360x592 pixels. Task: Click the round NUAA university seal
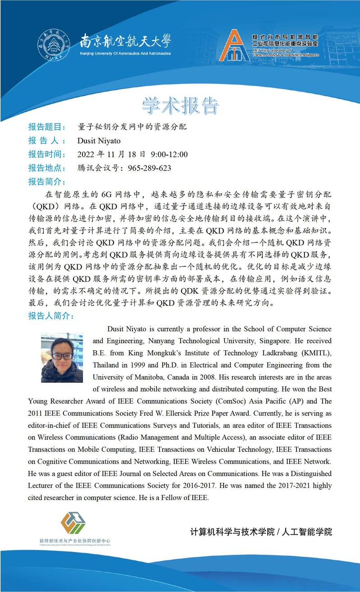[54, 46]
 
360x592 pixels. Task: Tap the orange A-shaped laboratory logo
[234, 46]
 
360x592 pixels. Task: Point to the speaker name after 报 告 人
[99, 141]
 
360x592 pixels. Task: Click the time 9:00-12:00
[169, 155]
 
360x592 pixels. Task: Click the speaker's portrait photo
[62, 358]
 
